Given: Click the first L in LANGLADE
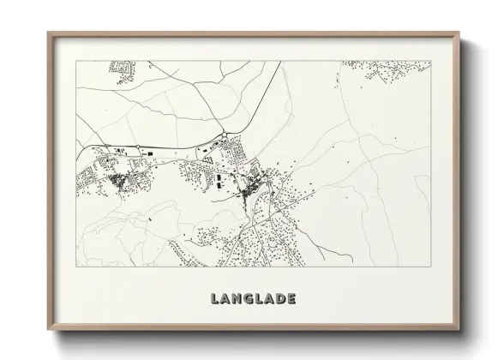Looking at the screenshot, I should [x=214, y=298].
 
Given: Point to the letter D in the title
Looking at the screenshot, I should [x=281, y=298].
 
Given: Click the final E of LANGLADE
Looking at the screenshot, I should [x=292, y=298].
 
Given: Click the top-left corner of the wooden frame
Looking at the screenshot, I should [x=48, y=33].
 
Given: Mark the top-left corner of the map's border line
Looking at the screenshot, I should [x=77, y=61].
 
